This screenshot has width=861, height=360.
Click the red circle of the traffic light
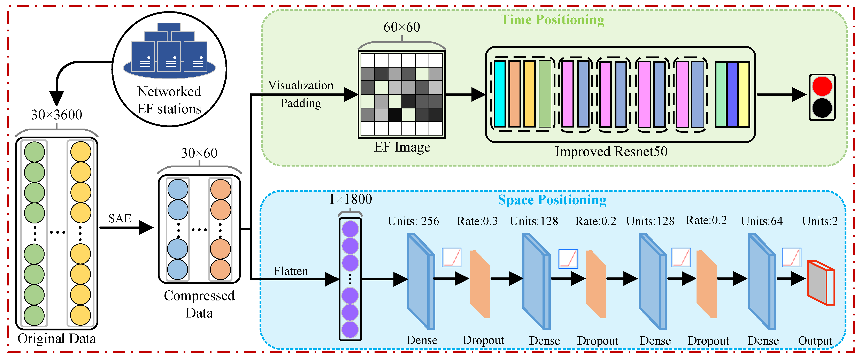coord(822,86)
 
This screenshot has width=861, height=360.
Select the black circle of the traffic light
coord(822,108)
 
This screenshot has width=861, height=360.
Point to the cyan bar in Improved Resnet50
coord(500,94)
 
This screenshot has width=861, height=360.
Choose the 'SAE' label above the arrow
coord(120,219)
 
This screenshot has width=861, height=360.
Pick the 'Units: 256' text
coord(413,221)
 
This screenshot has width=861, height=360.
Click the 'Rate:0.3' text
coord(477,221)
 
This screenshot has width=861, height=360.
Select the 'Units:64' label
coord(762,221)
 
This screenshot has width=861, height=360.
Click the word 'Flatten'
coord(291,271)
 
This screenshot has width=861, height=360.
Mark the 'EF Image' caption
coord(402,147)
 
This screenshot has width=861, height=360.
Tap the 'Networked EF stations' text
coord(169,100)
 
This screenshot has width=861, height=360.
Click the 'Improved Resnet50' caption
coord(611,151)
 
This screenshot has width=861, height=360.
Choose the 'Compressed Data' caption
coord(199,304)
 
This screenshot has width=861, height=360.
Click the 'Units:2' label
coord(820,221)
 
